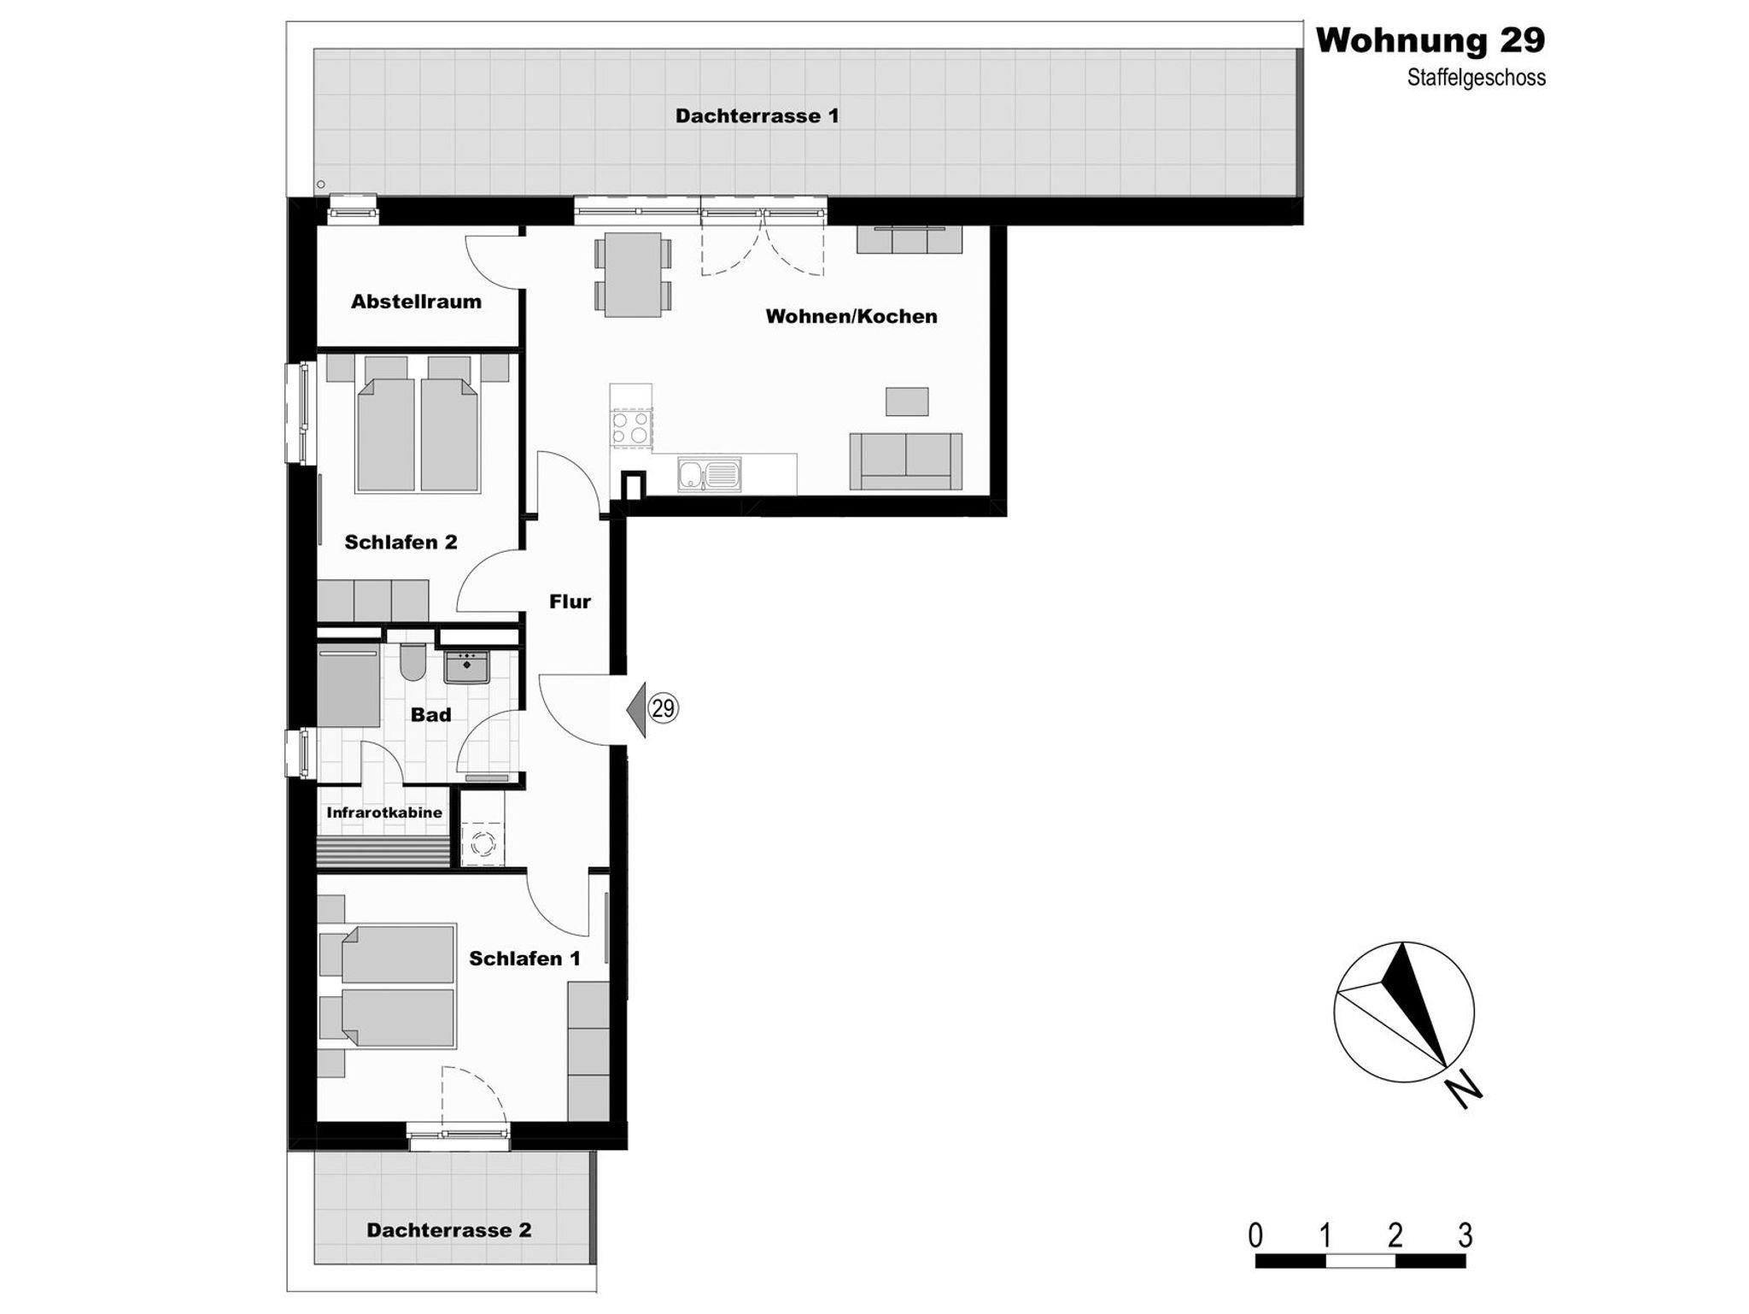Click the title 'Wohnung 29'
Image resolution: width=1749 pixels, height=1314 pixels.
pyautogui.click(x=1430, y=40)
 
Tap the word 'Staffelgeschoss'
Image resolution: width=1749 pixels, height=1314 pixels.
pyautogui.click(x=1477, y=78)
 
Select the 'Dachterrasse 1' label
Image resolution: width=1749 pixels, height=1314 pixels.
pyautogui.click(x=757, y=115)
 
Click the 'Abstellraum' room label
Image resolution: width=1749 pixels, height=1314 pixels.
pyautogui.click(x=416, y=302)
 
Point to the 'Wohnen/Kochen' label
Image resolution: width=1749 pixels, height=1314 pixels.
pyautogui.click(x=851, y=316)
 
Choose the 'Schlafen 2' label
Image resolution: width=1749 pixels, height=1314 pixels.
pyautogui.click(x=401, y=542)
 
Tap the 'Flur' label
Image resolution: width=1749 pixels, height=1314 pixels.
pyautogui.click(x=570, y=601)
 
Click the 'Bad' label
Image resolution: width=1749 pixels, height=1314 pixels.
pyautogui.click(x=430, y=714)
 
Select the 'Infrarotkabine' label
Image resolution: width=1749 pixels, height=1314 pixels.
pyautogui.click(x=384, y=812)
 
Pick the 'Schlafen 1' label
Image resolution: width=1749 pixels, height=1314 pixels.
pyautogui.click(x=524, y=959)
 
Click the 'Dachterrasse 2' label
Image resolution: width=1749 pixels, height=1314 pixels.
pyautogui.click(x=449, y=1230)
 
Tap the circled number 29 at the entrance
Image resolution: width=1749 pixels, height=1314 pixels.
pyautogui.click(x=664, y=708)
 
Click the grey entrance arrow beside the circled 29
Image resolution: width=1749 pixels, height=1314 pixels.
pyautogui.click(x=637, y=708)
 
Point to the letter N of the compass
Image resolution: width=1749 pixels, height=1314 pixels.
pyautogui.click(x=1464, y=1092)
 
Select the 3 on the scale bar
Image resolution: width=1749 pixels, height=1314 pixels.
pyautogui.click(x=1465, y=1235)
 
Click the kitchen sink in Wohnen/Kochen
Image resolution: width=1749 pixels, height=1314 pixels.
pyautogui.click(x=710, y=474)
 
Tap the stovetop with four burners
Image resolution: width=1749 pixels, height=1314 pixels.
pyautogui.click(x=631, y=426)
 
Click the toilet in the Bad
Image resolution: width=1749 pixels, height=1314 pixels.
pyautogui.click(x=412, y=662)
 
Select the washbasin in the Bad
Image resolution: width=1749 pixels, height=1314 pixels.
pyautogui.click(x=466, y=667)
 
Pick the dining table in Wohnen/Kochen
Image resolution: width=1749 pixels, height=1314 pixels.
pyautogui.click(x=633, y=274)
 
